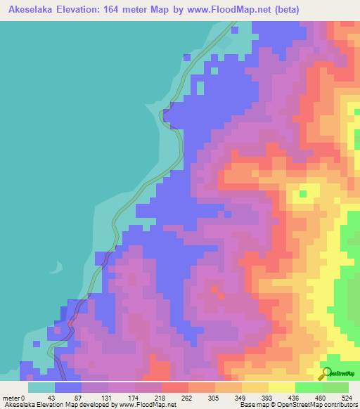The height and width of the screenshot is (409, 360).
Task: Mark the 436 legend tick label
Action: pos(295,398)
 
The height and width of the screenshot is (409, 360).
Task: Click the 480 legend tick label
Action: pos(322,398)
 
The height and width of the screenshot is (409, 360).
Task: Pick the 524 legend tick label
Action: pos(348,398)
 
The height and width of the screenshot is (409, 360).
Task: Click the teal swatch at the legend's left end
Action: pos(41,387)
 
